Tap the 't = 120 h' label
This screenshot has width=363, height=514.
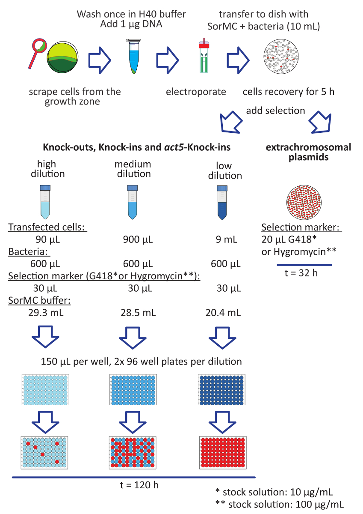134,485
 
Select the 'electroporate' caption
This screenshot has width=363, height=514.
196,92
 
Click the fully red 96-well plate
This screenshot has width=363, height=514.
223,452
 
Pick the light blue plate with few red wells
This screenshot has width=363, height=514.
44,452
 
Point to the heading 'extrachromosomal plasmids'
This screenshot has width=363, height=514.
308,152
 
